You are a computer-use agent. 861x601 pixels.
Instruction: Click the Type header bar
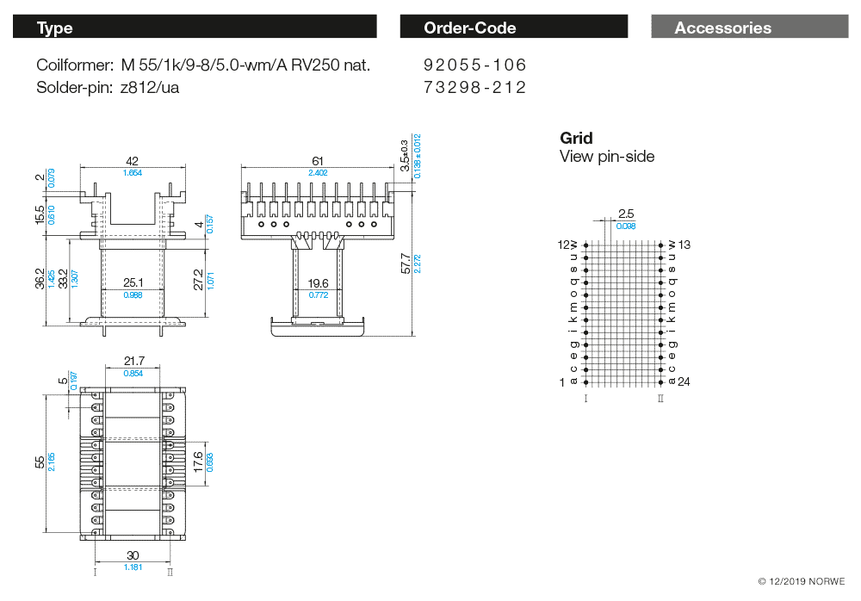(x=195, y=28)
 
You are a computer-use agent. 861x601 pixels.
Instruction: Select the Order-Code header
(x=513, y=28)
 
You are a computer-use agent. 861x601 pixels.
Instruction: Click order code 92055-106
(x=474, y=65)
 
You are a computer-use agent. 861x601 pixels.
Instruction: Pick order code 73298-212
(x=474, y=87)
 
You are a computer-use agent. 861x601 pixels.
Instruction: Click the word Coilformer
(x=74, y=65)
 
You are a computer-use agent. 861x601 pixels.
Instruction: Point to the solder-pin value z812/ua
(x=150, y=87)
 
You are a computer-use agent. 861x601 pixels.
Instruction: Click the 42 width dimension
(x=132, y=161)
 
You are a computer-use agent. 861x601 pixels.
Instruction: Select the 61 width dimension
(x=318, y=161)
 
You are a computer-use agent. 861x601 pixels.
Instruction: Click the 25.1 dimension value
(x=132, y=282)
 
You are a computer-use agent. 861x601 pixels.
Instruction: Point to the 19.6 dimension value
(x=318, y=282)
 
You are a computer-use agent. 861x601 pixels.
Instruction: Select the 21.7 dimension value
(x=133, y=361)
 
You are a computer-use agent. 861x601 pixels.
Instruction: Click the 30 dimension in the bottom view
(x=133, y=555)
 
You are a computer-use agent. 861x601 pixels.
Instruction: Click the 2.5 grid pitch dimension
(x=626, y=214)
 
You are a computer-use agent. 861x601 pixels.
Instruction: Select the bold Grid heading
(x=576, y=138)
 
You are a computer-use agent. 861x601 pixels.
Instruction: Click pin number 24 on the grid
(x=684, y=381)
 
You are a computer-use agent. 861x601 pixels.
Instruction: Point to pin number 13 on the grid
(x=684, y=245)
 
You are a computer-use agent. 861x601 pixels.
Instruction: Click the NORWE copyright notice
(x=802, y=582)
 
